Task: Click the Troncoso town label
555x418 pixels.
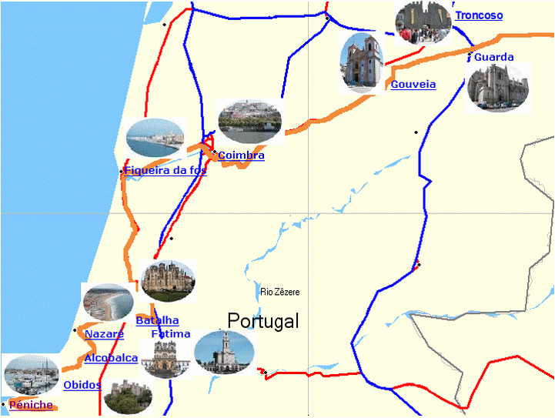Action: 479,15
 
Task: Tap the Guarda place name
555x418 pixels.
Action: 493,57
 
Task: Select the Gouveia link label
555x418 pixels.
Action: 413,84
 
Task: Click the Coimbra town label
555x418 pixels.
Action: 241,155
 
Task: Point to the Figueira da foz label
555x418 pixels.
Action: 165,170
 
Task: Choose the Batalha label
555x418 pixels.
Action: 157,320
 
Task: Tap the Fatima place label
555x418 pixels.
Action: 170,334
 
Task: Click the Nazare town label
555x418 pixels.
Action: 104,334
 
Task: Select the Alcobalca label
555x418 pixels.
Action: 111,358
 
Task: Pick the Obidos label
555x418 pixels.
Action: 82,385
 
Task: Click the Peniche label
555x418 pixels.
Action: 31,405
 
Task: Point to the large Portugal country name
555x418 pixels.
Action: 262,321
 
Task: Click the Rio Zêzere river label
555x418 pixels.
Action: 279,292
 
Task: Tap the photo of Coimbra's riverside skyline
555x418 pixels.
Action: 249,122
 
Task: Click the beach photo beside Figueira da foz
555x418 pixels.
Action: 155,137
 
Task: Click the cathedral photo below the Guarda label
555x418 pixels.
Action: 497,87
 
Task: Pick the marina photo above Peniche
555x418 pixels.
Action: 31,374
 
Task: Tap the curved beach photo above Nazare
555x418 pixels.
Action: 107,301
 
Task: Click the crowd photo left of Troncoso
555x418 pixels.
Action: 423,22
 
